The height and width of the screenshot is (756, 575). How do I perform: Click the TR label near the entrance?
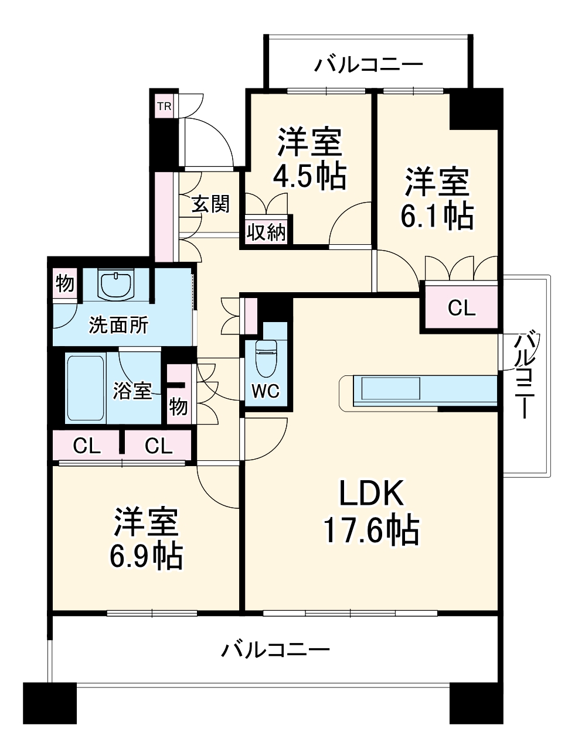pos(164,107)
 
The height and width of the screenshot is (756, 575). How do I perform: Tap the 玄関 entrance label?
pos(210,204)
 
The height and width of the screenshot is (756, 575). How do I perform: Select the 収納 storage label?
pos(266,232)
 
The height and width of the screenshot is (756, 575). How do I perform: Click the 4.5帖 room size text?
pos(309,175)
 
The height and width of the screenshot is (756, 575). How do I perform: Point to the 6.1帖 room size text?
pos(437,215)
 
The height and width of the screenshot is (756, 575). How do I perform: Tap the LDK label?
pos(372,494)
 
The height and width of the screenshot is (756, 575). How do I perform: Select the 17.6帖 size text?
pos(371,531)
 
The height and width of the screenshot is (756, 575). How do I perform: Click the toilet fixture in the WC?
pos(266,358)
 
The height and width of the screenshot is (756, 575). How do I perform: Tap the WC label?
pos(266,391)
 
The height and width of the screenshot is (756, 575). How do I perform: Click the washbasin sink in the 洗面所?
pos(118,285)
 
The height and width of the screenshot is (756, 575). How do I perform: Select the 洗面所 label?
pos(118,325)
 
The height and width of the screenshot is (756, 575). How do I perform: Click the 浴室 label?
pos(132,390)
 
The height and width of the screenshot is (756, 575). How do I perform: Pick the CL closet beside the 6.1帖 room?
pos(461,307)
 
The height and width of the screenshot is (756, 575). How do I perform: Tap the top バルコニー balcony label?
pos(368,64)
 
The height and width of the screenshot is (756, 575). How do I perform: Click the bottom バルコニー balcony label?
pos(275,649)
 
